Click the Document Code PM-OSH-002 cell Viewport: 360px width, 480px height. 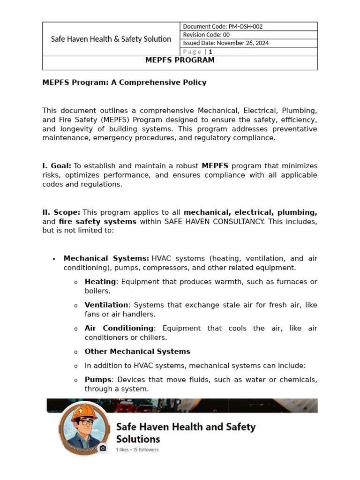pos(226,27)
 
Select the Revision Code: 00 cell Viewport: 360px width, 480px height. pos(206,35)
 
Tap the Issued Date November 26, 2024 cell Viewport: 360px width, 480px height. pos(225,43)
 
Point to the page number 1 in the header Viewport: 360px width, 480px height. pos(210,52)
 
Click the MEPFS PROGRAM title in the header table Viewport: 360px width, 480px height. pos(180,60)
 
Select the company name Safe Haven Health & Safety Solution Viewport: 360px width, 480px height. pos(111,39)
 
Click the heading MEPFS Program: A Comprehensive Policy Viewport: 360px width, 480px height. pos(124,82)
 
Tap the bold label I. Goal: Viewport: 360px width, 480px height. pos(57,166)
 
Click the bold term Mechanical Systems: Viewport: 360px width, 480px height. pos(106,259)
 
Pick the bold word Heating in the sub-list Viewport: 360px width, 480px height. pos(100,282)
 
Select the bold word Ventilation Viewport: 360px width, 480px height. pos(106,305)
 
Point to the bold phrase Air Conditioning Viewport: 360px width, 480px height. pos(119,328)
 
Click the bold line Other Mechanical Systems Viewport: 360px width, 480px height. pos(137,352)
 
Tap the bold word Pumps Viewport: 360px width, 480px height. pos(98,379)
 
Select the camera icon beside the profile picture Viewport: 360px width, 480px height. pos(103,448)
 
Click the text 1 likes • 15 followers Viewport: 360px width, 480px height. pos(137,450)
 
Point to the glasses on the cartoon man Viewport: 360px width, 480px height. pos(85,422)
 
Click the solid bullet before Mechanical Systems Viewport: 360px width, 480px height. pos(54,259)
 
